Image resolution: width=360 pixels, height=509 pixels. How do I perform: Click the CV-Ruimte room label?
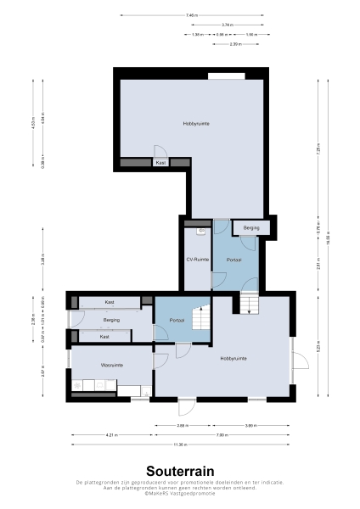[198, 260]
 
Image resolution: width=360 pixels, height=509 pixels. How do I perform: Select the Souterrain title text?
[179, 470]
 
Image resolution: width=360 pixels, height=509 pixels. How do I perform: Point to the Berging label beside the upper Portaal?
[251, 228]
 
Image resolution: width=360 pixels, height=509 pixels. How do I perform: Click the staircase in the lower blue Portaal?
[200, 321]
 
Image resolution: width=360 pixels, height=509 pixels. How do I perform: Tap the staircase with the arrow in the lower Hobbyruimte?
[249, 302]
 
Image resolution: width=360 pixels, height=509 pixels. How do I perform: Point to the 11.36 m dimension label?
[179, 444]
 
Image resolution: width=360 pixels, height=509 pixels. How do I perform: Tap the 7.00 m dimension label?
[221, 434]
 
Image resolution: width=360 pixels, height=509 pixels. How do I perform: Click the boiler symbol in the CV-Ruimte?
[202, 230]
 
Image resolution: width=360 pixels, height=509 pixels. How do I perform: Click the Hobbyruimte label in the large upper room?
[196, 124]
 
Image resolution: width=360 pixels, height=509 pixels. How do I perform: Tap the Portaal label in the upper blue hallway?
[233, 260]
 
